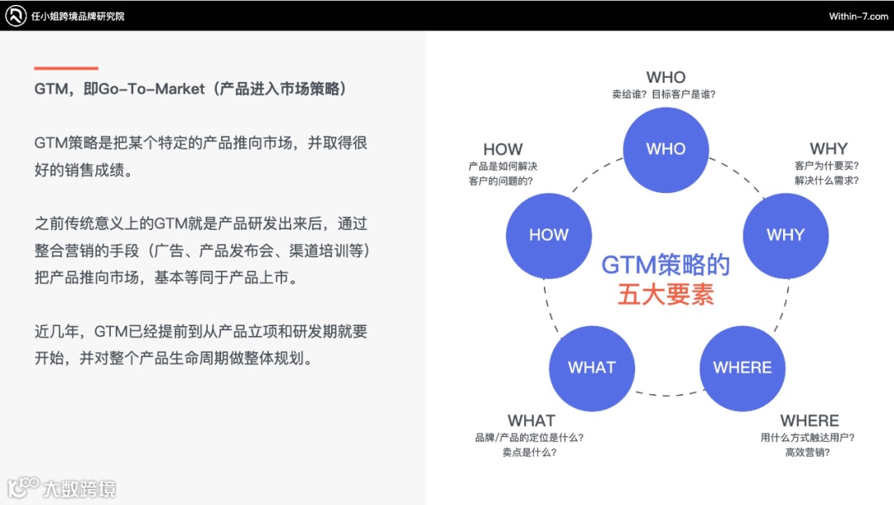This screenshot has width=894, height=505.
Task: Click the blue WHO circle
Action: [x=666, y=150]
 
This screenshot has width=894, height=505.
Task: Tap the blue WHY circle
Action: [x=785, y=235]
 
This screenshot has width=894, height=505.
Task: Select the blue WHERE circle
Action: [x=742, y=368]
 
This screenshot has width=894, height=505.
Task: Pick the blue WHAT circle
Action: [x=591, y=368]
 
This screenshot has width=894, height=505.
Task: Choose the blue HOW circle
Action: [x=548, y=235]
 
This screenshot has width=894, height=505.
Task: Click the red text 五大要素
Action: [x=666, y=295]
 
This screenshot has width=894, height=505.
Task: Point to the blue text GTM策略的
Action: [x=666, y=265]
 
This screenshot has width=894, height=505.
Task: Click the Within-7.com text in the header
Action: [x=858, y=17]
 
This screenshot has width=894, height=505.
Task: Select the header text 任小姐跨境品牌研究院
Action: [x=78, y=17]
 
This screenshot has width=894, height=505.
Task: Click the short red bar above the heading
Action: [x=66, y=68]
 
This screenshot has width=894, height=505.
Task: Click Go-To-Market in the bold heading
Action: [x=151, y=89]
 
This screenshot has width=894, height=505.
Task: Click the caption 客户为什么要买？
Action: [x=827, y=166]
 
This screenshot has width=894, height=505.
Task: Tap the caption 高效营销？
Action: [x=807, y=452]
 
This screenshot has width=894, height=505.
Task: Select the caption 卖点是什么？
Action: [x=529, y=452]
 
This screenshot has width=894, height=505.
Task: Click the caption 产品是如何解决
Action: [x=502, y=166]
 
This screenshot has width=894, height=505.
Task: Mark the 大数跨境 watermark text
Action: [x=79, y=488]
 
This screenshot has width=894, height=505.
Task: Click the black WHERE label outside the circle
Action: [x=809, y=421]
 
